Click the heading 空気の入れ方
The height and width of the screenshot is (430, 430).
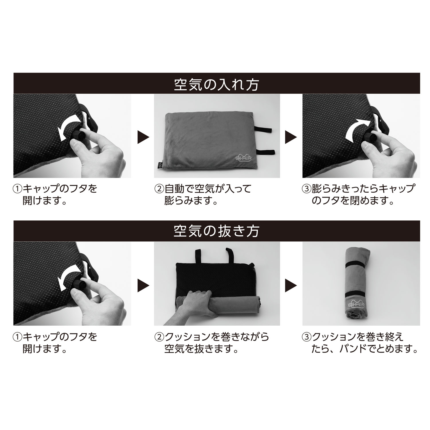216,84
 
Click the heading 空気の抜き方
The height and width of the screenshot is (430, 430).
216,231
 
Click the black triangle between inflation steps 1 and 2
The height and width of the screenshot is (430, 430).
143,137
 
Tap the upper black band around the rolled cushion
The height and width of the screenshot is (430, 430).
357,264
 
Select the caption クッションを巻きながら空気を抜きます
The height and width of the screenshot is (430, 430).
212,343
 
